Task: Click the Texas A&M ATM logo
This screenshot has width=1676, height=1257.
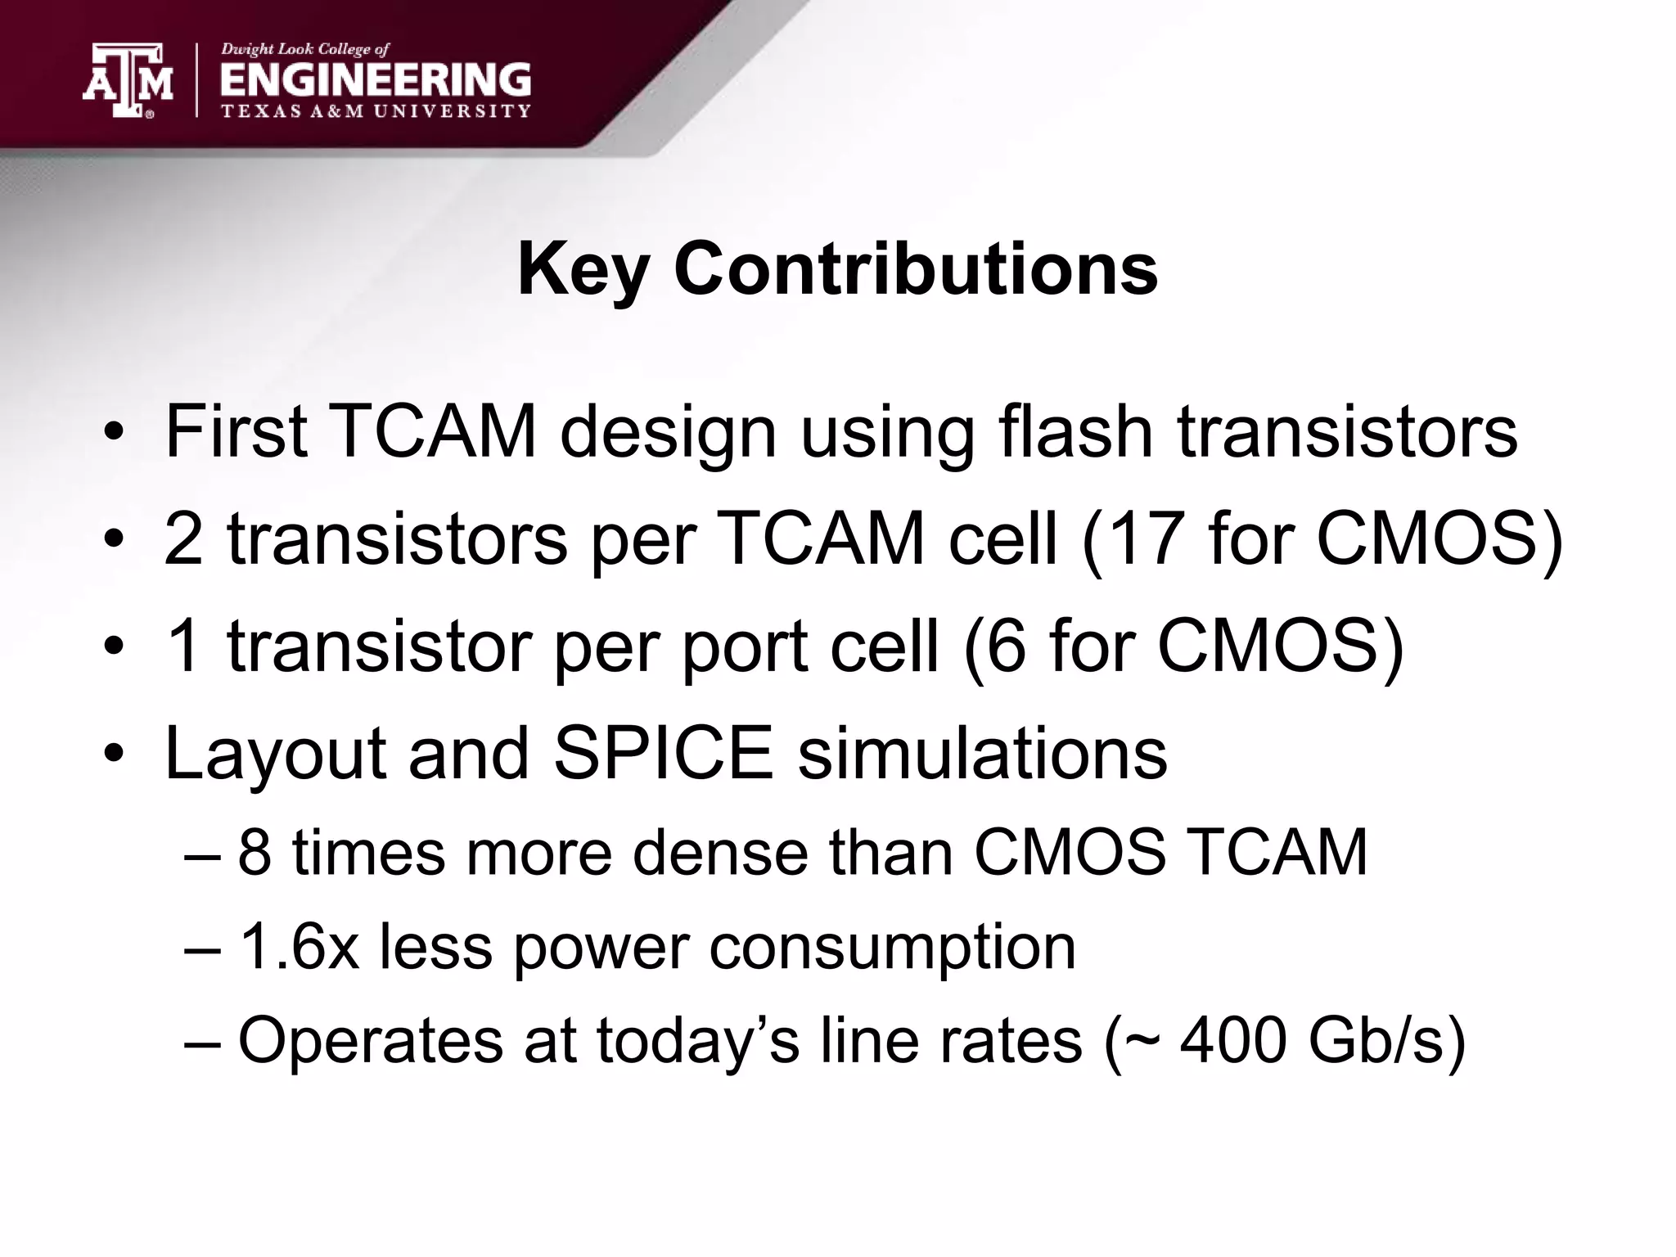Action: tap(128, 80)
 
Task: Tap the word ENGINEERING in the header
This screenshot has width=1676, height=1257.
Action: tap(376, 80)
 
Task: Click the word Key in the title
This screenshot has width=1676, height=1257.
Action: tap(583, 270)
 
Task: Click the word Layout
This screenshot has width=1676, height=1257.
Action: tap(275, 755)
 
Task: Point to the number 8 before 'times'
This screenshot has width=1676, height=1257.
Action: tap(254, 852)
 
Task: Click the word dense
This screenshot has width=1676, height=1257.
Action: tap(720, 852)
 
